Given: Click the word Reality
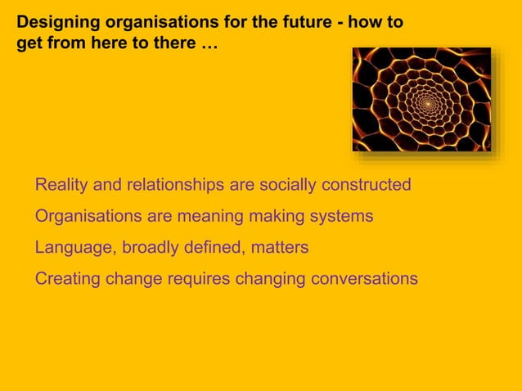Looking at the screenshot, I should [61, 186].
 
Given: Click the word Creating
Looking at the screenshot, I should [67, 279].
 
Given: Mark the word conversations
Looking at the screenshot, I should [363, 279].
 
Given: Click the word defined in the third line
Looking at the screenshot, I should [217, 248].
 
